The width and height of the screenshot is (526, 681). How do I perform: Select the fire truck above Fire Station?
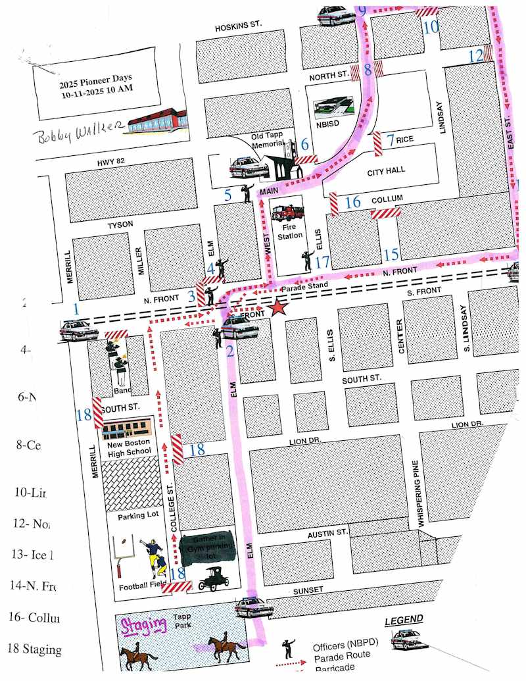point(287,213)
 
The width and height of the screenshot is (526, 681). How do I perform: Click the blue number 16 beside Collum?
point(353,201)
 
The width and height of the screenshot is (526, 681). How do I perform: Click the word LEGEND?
point(404,620)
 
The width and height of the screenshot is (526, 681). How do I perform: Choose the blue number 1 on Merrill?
point(76,309)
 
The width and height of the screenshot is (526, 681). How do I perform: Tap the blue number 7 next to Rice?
point(391,139)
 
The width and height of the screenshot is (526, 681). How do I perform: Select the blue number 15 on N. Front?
point(391,254)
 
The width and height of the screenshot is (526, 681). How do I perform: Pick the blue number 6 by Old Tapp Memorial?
point(304,144)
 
